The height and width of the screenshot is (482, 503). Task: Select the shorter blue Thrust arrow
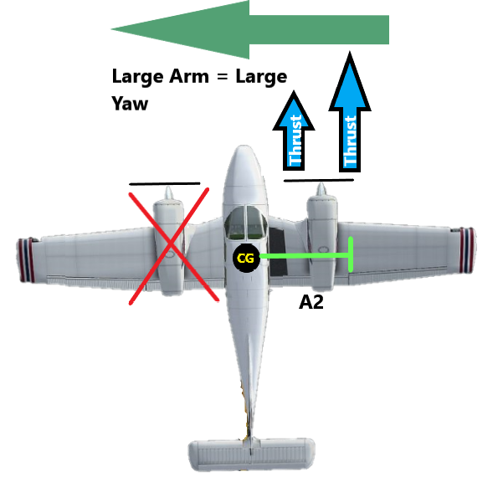295,134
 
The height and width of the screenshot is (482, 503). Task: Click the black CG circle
245,259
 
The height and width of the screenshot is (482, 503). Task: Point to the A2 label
311,302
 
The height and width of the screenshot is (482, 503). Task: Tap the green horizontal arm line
301,255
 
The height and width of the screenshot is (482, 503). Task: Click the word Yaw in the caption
130,104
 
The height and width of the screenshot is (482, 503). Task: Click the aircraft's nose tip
244,151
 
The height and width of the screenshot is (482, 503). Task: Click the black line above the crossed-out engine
164,182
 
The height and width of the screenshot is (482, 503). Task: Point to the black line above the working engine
319,178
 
